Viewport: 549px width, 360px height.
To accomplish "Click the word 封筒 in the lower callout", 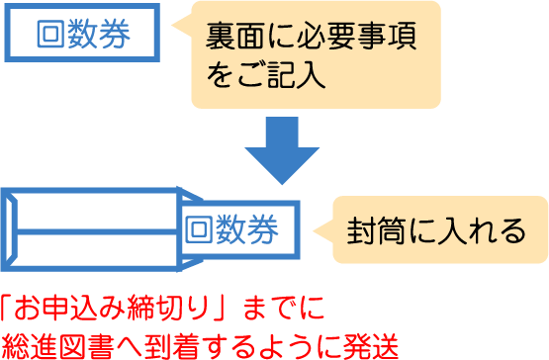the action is click(378, 230).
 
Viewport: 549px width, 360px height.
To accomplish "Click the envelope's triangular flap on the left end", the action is click(12, 229).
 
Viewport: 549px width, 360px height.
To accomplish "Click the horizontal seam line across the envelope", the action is click(99, 230).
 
